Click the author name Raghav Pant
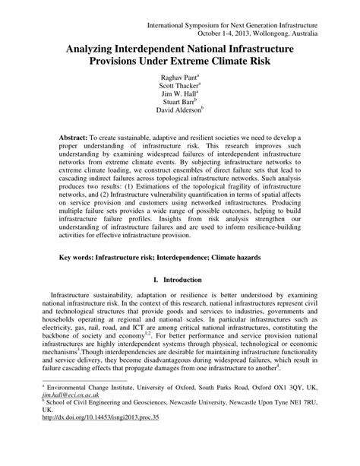click(179, 78)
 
